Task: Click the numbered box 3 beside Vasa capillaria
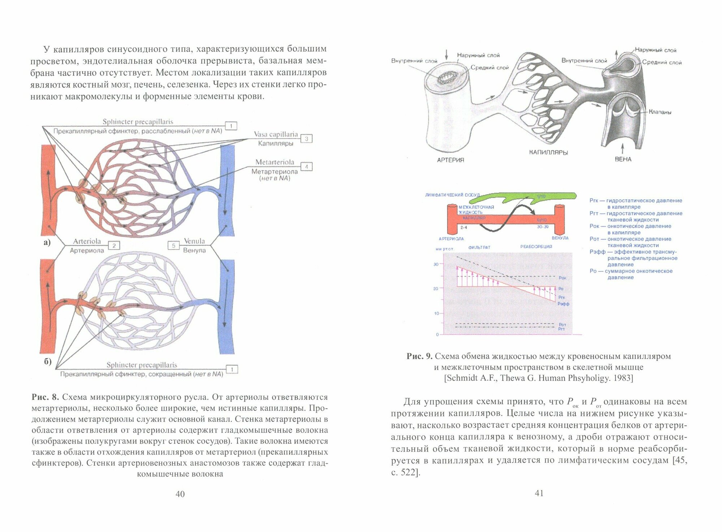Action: (306, 139)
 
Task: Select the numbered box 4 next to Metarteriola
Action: (306, 167)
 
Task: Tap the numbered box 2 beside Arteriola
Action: (114, 246)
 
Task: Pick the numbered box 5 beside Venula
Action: (174, 246)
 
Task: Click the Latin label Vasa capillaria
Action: (276, 134)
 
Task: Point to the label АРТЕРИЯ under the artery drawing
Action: (451, 160)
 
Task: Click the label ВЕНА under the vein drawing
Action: (623, 159)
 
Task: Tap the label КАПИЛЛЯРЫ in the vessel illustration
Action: (548, 152)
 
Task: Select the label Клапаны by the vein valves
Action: (660, 112)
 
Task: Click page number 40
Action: (180, 494)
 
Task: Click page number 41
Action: (539, 493)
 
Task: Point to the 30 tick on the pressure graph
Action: (436, 264)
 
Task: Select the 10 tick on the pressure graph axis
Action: (436, 313)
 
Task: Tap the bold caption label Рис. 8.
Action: (45, 397)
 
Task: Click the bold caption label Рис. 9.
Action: (419, 356)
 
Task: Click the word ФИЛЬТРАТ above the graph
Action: (479, 247)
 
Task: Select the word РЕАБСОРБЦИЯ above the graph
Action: (536, 247)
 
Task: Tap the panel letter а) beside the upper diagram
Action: (47, 242)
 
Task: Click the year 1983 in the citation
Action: (621, 378)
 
